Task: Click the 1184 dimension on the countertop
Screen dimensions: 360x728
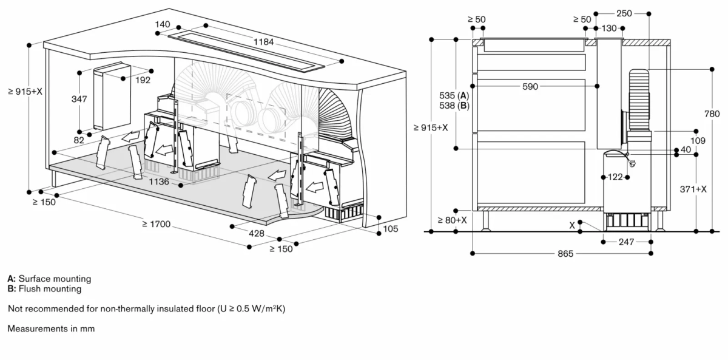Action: [x=264, y=42]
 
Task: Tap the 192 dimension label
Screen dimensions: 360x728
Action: [x=143, y=80]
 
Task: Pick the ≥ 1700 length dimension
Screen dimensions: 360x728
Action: [x=156, y=224]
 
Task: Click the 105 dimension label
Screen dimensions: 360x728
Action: [x=391, y=228]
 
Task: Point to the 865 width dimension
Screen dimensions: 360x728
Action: [x=564, y=253]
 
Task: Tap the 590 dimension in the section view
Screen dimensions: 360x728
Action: [x=530, y=87]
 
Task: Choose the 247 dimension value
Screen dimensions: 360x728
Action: [x=626, y=242]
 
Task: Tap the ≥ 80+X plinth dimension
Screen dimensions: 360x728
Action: [x=452, y=219]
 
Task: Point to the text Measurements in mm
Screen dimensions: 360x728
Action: [x=51, y=328]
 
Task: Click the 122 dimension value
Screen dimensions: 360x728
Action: [x=615, y=177]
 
